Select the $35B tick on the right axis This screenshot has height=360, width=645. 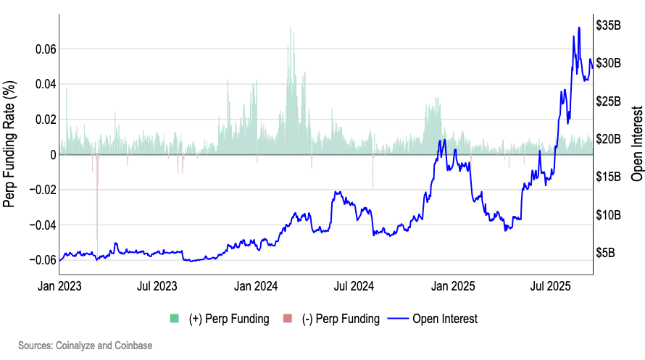point(608,25)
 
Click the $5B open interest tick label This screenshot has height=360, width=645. point(605,254)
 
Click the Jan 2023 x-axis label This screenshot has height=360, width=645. point(59,286)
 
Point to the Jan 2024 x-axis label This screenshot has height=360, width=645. point(256,286)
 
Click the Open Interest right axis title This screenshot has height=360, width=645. point(637,145)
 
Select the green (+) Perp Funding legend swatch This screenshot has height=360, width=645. point(174,319)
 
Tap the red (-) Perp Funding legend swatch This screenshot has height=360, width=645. point(287,319)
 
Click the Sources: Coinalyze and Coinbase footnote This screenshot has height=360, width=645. point(86,346)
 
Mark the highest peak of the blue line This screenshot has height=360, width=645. point(579,28)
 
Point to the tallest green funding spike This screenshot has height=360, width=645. point(291,28)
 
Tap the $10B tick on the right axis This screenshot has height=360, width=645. point(608,215)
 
